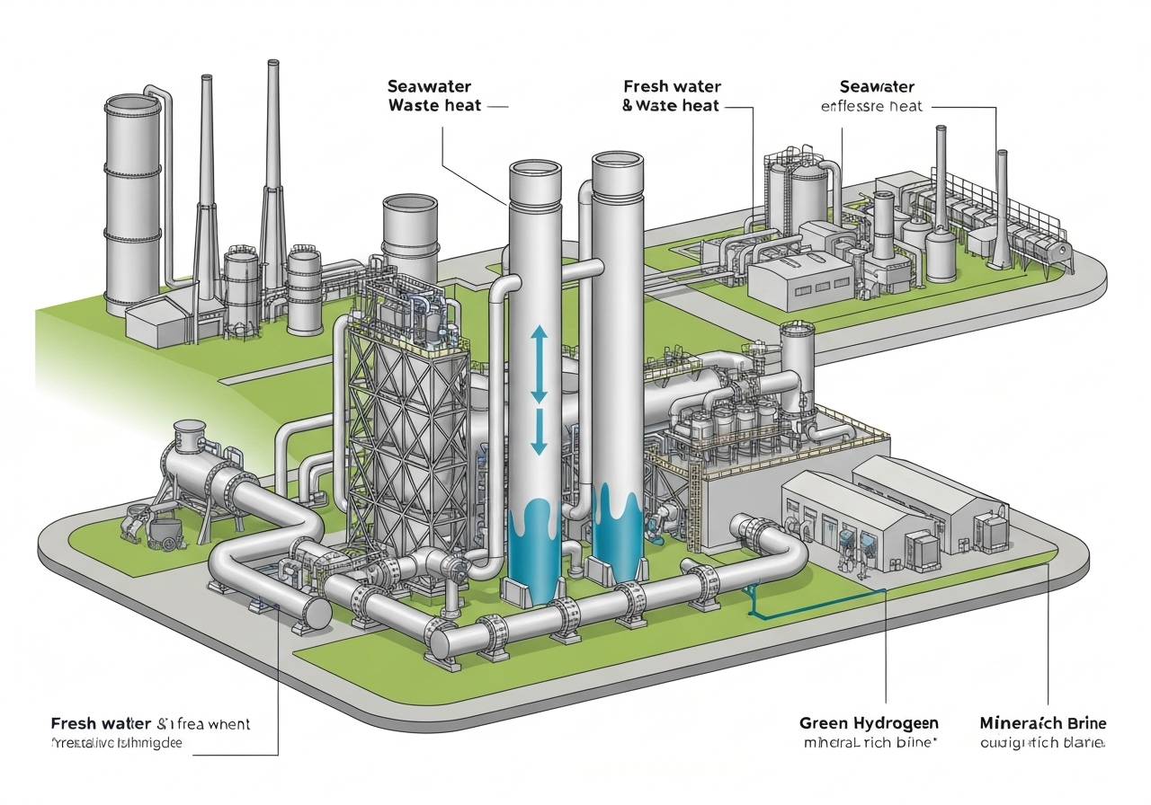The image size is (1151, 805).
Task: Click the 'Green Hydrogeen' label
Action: coord(868,723)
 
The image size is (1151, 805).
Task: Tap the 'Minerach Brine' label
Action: coord(1042,723)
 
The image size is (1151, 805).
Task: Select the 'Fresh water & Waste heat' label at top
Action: coord(671,96)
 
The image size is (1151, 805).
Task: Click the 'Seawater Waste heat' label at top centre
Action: coord(434,96)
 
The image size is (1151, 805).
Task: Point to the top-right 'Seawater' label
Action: coord(877,87)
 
